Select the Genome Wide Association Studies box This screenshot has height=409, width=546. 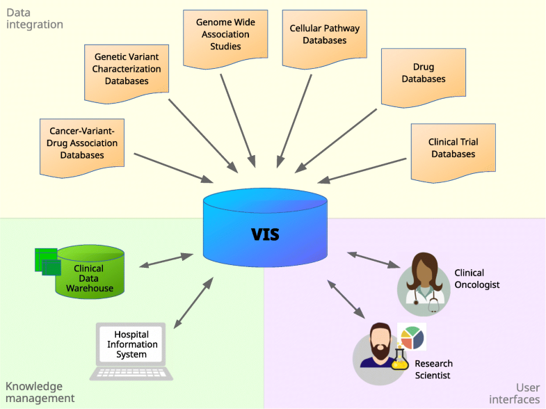point(220,35)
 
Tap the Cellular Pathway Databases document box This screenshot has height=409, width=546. point(318,35)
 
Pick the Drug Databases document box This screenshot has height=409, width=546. point(423,74)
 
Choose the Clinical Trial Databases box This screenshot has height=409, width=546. point(453,148)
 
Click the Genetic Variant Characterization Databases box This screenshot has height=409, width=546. point(127,70)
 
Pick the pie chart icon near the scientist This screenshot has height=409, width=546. point(411,337)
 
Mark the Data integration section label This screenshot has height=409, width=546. point(35,18)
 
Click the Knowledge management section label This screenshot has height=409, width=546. point(40,392)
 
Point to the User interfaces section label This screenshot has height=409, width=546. point(514,393)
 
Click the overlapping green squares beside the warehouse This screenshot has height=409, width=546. point(47,260)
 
